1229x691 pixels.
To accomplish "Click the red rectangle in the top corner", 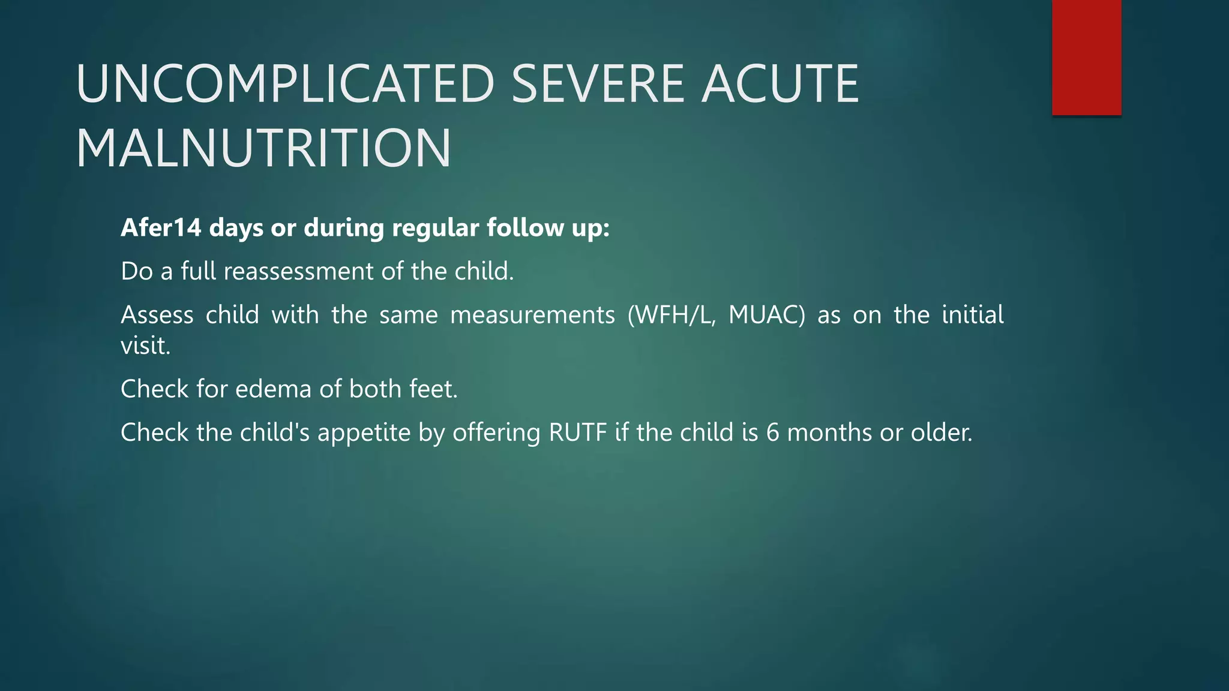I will point(1086,57).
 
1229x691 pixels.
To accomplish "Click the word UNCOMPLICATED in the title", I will point(285,84).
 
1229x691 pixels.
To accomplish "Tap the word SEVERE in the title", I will point(598,84).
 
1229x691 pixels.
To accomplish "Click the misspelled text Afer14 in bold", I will point(161,228).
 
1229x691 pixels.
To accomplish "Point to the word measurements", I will point(532,315).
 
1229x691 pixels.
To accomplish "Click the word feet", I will point(433,389).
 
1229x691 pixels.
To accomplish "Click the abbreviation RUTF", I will point(577,432).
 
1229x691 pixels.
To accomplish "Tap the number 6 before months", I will point(772,432).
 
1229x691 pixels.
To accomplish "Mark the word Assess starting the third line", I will point(157,315).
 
